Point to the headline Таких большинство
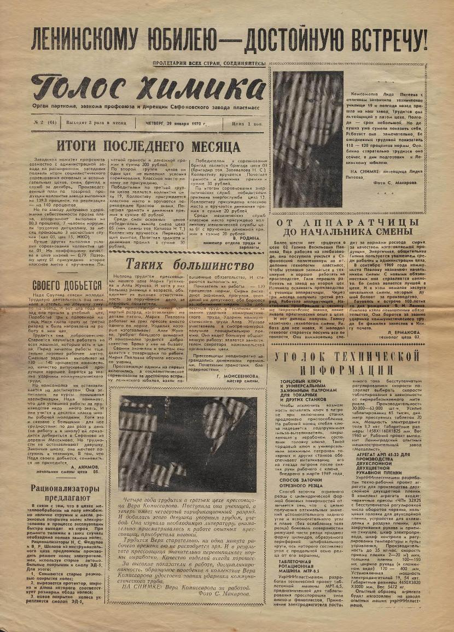coord(190,264)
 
